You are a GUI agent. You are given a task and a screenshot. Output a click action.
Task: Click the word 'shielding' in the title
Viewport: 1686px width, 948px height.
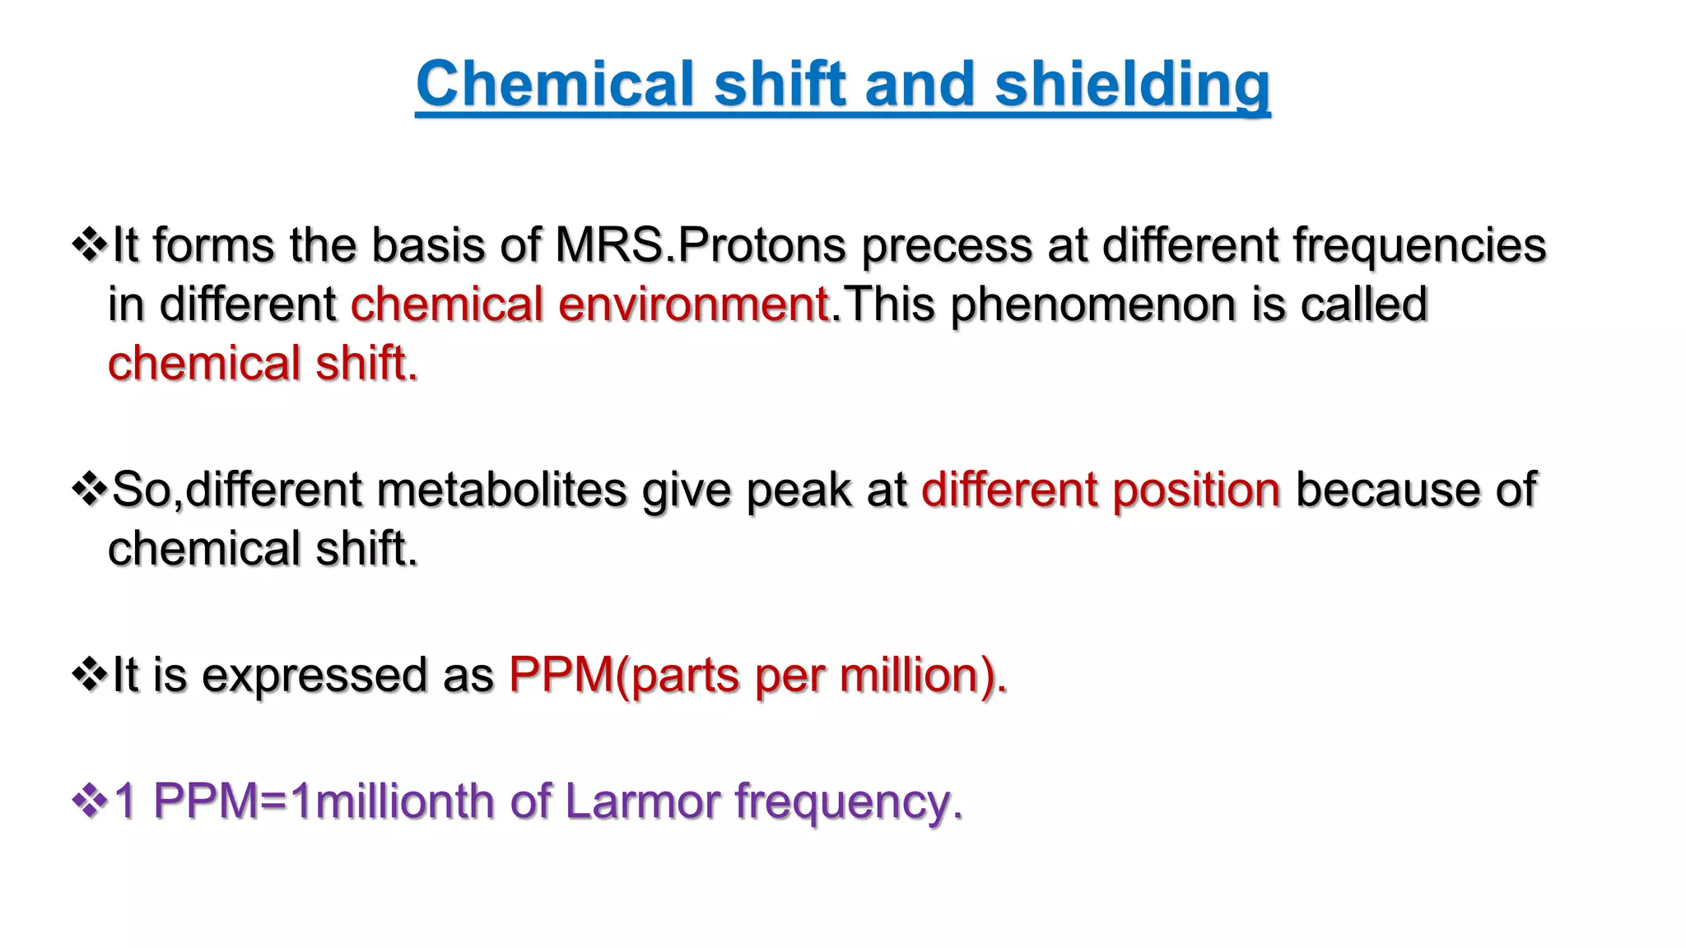click(x=1132, y=86)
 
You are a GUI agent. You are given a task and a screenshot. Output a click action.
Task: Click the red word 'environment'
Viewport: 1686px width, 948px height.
click(x=692, y=304)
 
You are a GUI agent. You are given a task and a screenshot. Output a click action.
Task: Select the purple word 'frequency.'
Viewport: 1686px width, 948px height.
click(x=849, y=802)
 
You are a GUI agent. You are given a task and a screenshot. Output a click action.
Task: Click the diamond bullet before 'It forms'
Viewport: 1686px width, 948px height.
click(x=89, y=245)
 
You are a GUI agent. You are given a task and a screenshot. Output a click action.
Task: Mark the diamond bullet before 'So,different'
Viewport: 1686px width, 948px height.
click(x=89, y=490)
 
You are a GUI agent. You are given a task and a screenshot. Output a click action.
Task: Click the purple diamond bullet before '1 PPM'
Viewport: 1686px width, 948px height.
click(x=89, y=801)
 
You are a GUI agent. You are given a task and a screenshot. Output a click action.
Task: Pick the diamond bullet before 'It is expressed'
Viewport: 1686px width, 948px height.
click(x=89, y=675)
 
